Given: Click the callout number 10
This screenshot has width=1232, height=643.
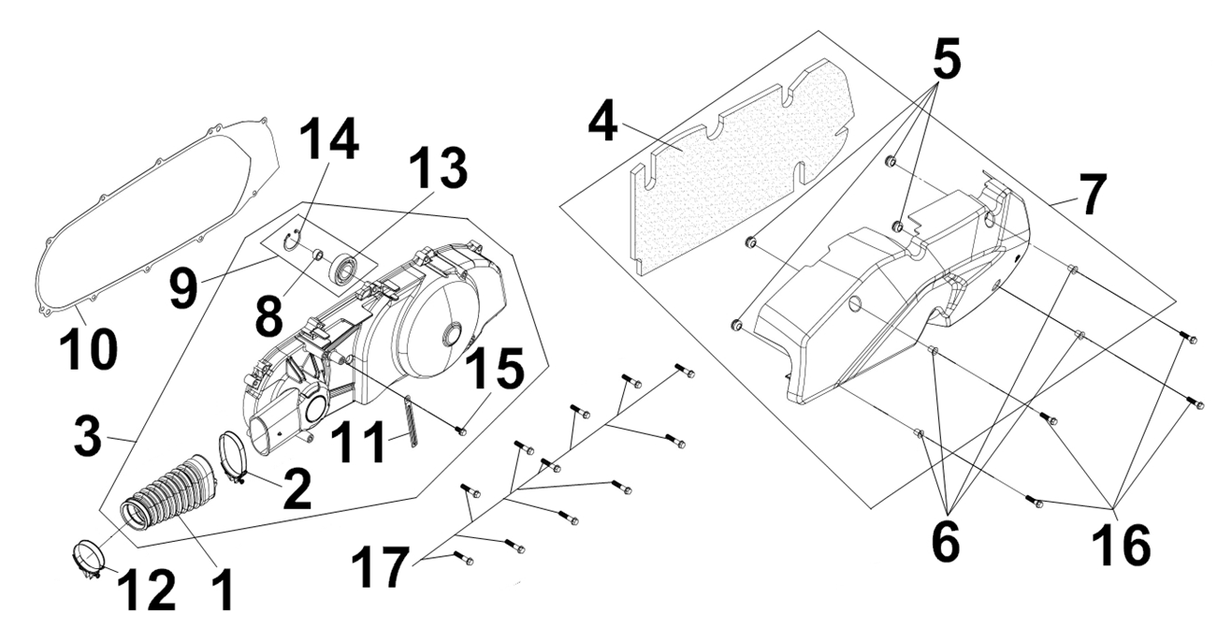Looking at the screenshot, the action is point(88,349).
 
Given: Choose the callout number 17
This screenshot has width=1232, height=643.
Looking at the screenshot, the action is point(381,566).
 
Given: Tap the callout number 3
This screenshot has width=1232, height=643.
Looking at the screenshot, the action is point(88,435).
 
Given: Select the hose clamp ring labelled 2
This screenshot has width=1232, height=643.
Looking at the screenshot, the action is point(233,460).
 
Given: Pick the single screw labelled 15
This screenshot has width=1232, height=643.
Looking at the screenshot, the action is point(461,431).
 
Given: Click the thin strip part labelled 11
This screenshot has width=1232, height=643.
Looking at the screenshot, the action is point(412,421).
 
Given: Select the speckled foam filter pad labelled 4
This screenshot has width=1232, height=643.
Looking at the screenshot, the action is point(740,165).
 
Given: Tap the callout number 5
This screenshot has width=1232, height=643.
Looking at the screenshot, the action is point(947,58).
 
